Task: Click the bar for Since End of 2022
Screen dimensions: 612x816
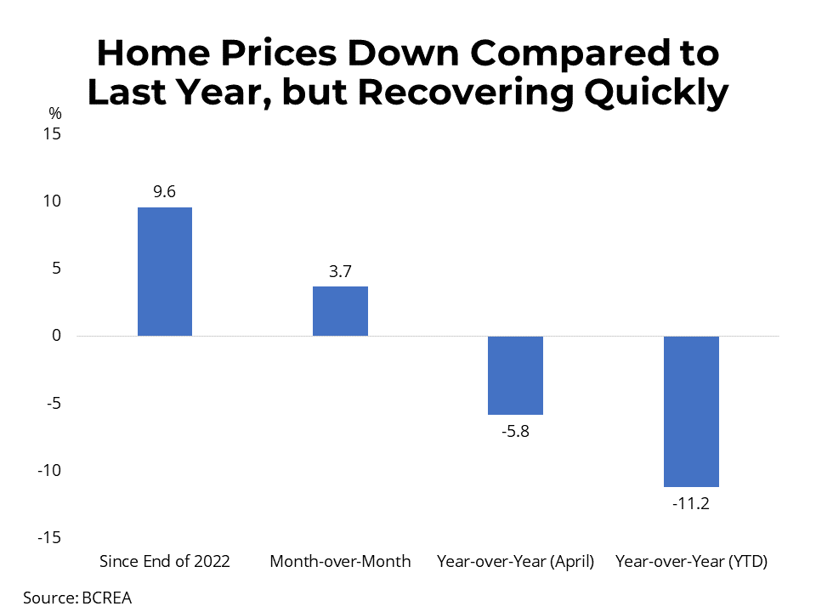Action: pos(164,272)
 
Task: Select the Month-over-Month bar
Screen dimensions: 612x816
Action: pos(340,311)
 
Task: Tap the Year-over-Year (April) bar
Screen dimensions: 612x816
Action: pos(515,375)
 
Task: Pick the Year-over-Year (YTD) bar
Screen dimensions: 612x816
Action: pos(691,411)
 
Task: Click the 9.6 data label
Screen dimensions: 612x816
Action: pos(164,192)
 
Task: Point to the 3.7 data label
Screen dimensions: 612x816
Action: pos(340,272)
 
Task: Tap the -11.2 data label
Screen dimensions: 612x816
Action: pos(691,503)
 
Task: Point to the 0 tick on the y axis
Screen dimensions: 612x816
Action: pos(56,336)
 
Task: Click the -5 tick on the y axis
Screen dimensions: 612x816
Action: pos(53,403)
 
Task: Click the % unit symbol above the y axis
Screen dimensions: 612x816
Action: pos(56,113)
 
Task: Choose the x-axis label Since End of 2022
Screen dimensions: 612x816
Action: pos(164,562)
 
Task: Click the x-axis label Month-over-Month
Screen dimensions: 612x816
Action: pos(340,562)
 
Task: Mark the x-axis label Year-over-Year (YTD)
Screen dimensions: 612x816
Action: pos(691,562)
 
